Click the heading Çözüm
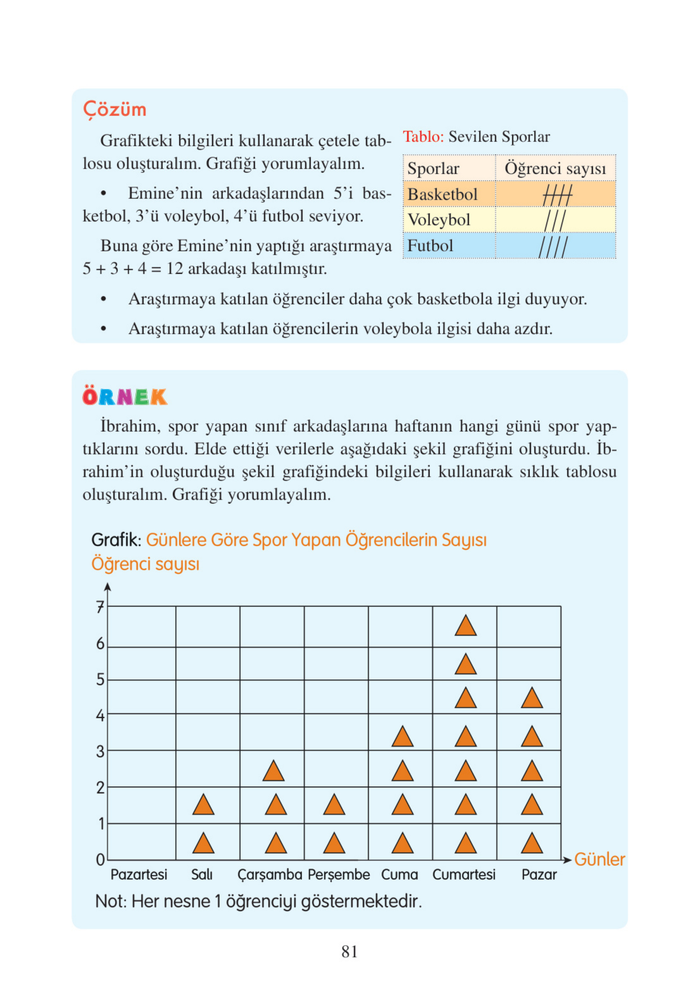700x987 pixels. [115, 109]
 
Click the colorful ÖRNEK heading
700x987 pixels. [124, 397]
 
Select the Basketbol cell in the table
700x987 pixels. [443, 194]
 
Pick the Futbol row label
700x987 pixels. [430, 245]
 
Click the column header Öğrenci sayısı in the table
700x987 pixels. [555, 168]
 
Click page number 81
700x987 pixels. [349, 951]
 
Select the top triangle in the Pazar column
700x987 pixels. [532, 698]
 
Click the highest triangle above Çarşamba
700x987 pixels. [273, 771]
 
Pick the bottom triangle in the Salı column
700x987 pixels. [203, 843]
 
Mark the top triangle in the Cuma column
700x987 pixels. [402, 736]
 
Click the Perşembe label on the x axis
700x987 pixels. [339, 874]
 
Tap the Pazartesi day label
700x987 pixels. [139, 874]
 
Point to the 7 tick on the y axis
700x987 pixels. [100, 607]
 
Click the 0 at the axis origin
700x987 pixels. [100, 860]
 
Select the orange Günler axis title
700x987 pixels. [600, 859]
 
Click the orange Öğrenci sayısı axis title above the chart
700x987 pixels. [145, 564]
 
